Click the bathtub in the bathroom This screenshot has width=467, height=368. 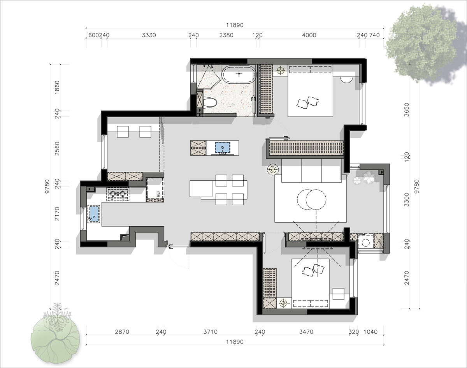tap(239, 74)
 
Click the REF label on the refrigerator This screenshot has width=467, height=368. tap(158, 194)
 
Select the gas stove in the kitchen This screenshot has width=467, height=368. tap(118, 194)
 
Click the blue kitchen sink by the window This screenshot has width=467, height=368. tap(94, 214)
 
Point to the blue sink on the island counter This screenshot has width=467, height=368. tap(223, 148)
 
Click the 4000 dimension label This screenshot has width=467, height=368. tap(309, 35)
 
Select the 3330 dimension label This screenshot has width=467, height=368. tap(149, 35)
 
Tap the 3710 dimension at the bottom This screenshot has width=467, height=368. tap(210, 332)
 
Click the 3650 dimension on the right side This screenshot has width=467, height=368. tap(407, 110)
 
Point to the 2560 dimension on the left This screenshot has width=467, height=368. tap(57, 149)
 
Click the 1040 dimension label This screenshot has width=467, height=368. tap(370, 332)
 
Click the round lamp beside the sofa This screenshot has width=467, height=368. tap(273, 169)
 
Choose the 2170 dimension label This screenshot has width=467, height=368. tap(57, 214)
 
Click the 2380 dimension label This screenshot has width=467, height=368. tap(226, 35)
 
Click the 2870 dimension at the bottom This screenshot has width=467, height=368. tap(122, 332)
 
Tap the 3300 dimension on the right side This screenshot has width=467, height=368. tap(407, 200)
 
